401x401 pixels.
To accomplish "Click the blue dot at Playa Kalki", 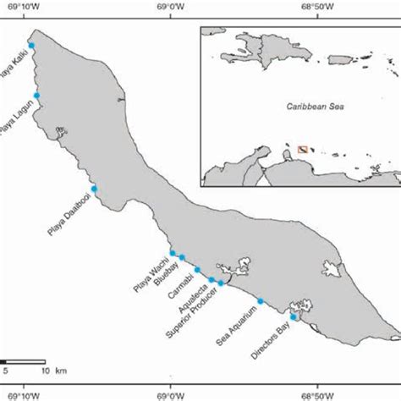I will click(x=31, y=46).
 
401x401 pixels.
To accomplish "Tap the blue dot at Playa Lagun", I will click(x=36, y=96).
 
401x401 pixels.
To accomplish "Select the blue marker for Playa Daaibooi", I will click(x=95, y=189).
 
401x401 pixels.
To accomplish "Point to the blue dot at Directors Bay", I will click(x=294, y=317).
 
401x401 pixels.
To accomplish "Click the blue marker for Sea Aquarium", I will click(x=261, y=301).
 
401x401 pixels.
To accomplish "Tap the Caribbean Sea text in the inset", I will click(x=299, y=108).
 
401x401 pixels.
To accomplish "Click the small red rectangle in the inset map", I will click(x=303, y=151).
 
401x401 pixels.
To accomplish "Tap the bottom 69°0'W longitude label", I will click(x=171, y=393).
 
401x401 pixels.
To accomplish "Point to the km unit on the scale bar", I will click(x=62, y=370).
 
